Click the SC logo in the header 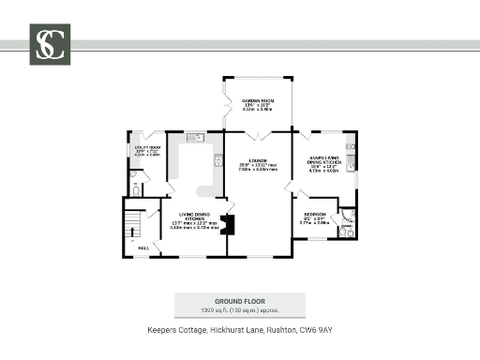click(49, 44)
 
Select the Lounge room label click(258, 166)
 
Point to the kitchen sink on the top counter click(194, 139)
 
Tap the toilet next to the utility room click(135, 189)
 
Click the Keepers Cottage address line click(239, 330)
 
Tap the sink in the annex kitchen click(351, 150)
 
